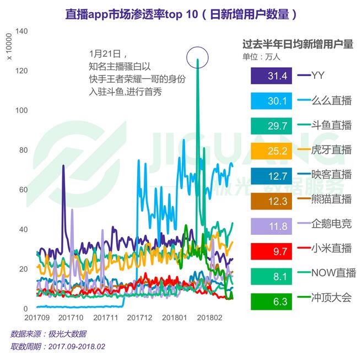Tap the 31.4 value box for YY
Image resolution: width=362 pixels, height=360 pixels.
(x=271, y=76)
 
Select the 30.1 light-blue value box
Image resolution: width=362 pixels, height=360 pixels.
(x=271, y=100)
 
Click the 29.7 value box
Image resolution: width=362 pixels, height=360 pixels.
(x=271, y=125)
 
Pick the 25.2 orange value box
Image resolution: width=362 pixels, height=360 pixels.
(x=271, y=150)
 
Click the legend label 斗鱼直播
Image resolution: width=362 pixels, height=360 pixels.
(x=331, y=125)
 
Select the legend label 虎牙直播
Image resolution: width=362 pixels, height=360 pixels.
(x=331, y=150)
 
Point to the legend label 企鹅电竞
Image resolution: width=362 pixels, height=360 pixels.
(x=331, y=224)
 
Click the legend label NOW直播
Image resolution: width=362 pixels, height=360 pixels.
(x=333, y=274)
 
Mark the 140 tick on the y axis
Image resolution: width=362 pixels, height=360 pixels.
(x=21, y=31)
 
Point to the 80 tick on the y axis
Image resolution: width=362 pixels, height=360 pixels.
(x=24, y=150)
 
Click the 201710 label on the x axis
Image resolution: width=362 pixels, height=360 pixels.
(x=71, y=318)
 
